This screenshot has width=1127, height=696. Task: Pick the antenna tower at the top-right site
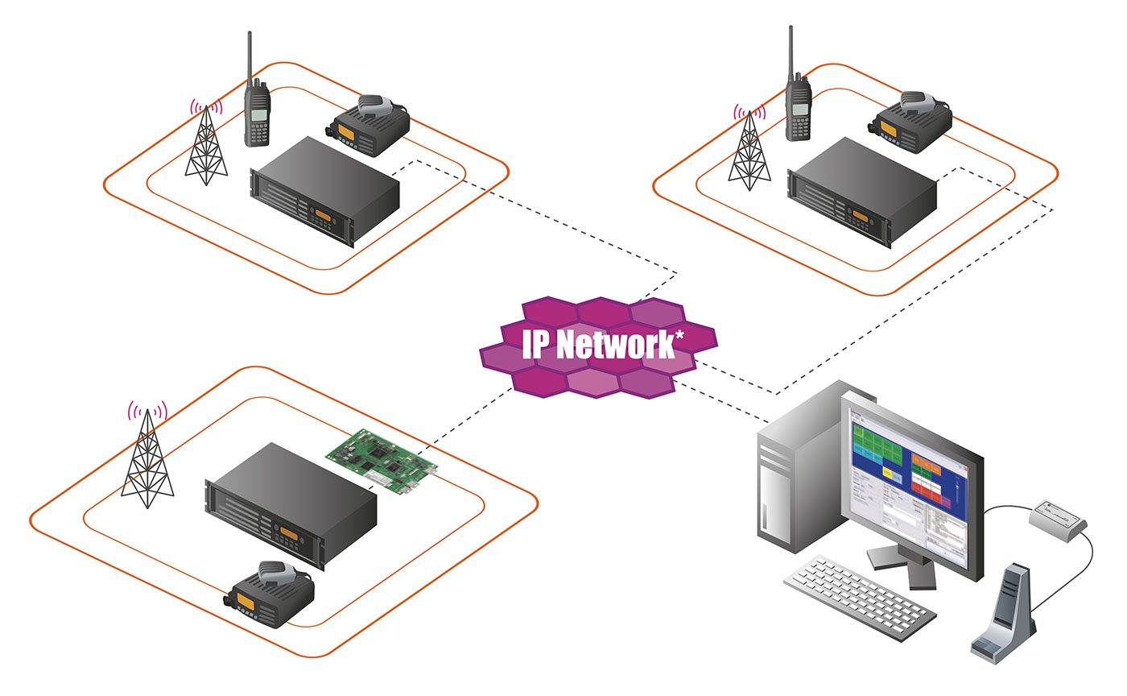(x=749, y=153)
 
